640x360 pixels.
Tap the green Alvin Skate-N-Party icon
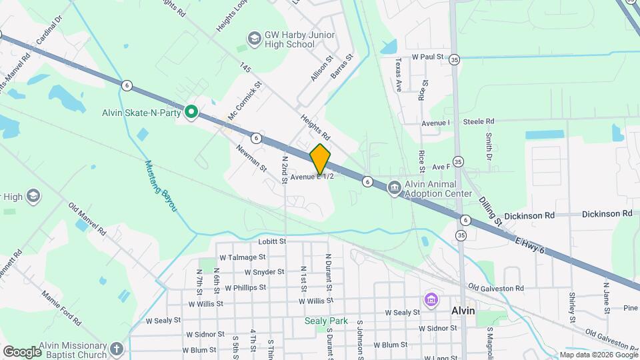pos(191,113)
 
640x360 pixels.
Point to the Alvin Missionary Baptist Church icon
pos(117,349)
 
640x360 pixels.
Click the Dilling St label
pos(490,207)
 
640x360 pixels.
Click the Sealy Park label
pos(326,321)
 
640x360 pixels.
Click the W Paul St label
pos(427,57)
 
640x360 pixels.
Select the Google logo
pos(22,351)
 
